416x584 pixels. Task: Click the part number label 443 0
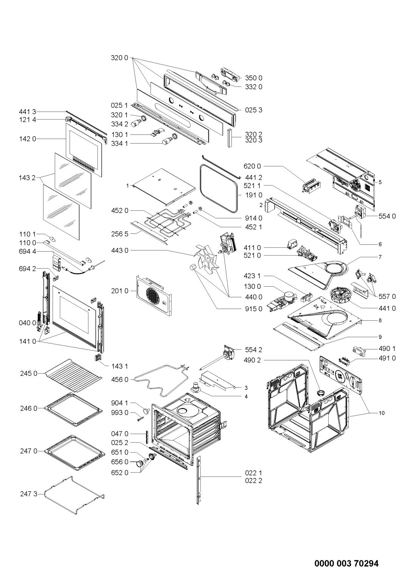120,250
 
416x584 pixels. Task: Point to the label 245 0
29,374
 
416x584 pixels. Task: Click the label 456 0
120,380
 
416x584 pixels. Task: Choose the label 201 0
120,291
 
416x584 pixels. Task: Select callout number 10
382,413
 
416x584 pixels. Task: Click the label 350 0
254,78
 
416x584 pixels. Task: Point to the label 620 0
252,166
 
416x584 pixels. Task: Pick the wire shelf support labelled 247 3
75,499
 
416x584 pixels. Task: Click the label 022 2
254,480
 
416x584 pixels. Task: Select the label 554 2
254,350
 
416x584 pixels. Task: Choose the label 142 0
28,139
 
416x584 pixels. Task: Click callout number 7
380,257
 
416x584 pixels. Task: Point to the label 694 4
28,252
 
